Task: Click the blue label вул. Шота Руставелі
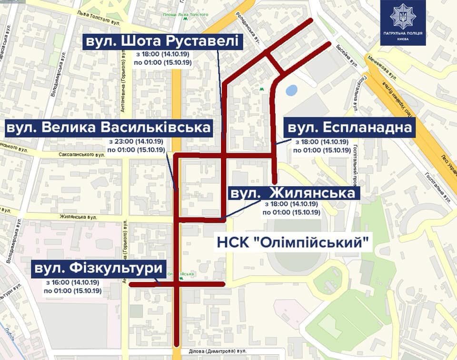(x=162, y=41)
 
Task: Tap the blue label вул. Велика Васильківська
(x=109, y=128)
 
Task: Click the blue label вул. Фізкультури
(x=98, y=269)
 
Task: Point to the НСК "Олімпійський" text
(x=294, y=242)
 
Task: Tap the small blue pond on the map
(x=291, y=90)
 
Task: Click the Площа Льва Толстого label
(x=186, y=15)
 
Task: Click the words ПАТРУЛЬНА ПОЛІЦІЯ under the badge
(x=403, y=33)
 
